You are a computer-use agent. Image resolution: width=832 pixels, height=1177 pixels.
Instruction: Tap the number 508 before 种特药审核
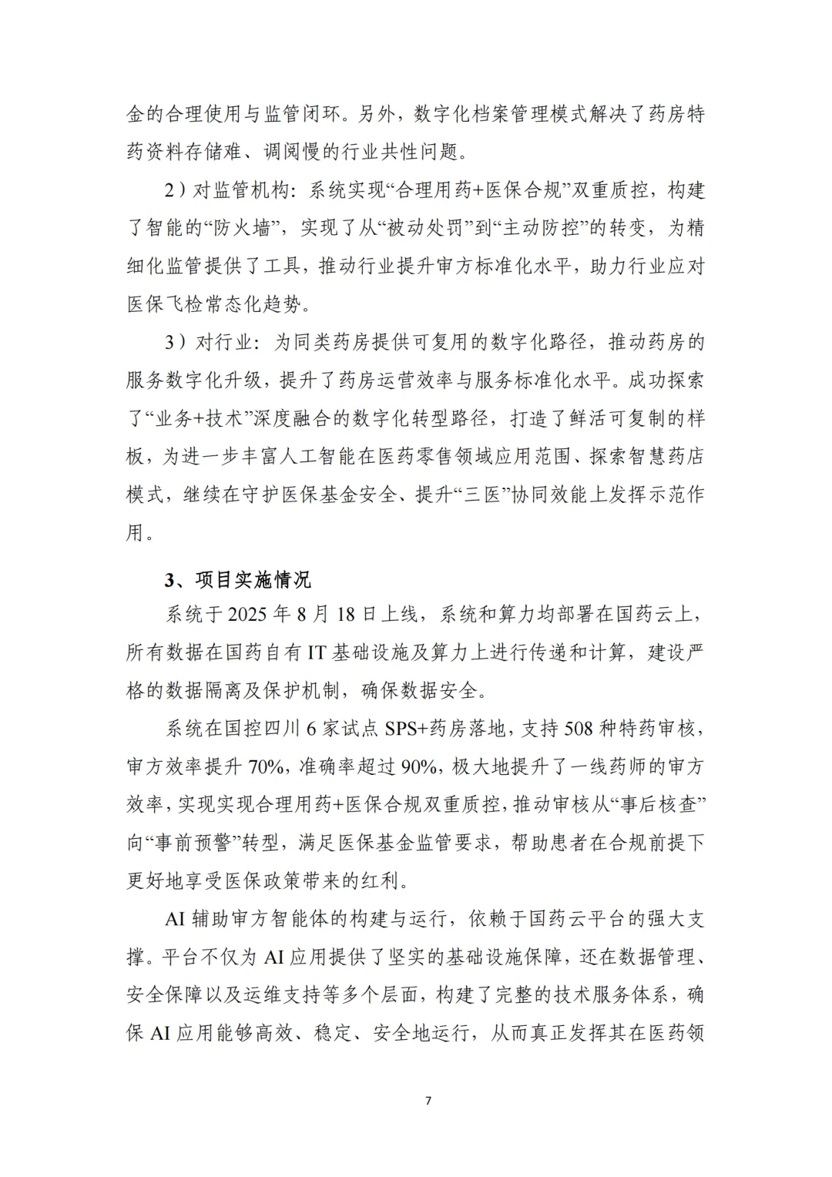[582, 728]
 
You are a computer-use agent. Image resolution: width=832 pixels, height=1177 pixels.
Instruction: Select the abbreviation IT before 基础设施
[317, 652]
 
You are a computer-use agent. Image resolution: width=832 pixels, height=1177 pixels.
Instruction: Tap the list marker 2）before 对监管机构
[175, 190]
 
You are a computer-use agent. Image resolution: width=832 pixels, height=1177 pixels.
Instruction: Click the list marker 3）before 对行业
[175, 342]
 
